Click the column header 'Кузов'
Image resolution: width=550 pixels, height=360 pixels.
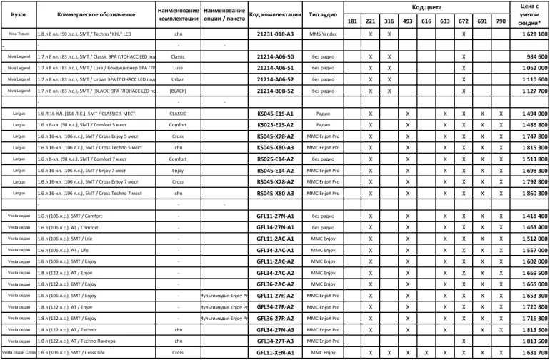[19, 14]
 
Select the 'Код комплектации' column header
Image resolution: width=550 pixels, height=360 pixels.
[275, 14]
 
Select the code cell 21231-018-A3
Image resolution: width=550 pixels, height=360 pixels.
[275, 34]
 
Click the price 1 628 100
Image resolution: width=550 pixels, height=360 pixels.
[529, 34]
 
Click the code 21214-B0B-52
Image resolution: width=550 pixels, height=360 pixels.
[275, 91]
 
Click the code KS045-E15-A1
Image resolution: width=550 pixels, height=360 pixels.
[275, 114]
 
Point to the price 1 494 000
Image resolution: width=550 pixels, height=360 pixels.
[529, 114]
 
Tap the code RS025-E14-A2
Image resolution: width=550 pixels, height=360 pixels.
[275, 159]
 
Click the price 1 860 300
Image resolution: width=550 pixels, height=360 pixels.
[529, 194]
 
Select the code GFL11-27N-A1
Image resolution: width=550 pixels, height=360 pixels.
[275, 216]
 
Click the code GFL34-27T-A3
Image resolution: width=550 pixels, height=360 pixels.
[275, 341]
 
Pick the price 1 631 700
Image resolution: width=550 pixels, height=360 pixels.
[529, 353]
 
